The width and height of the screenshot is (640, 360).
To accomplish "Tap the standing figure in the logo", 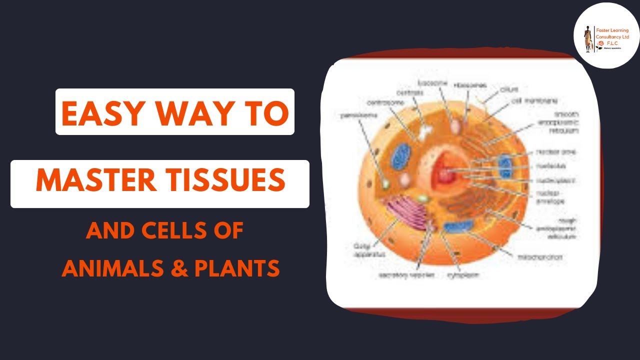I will click(x=588, y=37).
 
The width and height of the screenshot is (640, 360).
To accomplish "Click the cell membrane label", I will click(x=533, y=101).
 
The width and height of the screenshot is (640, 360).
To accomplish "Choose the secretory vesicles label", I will click(x=399, y=275).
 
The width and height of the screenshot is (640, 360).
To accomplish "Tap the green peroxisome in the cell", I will click(x=385, y=184).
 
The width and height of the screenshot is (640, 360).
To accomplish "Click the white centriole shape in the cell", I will click(x=425, y=132).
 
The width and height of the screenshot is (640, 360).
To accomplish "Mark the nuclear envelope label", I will click(x=550, y=197).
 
